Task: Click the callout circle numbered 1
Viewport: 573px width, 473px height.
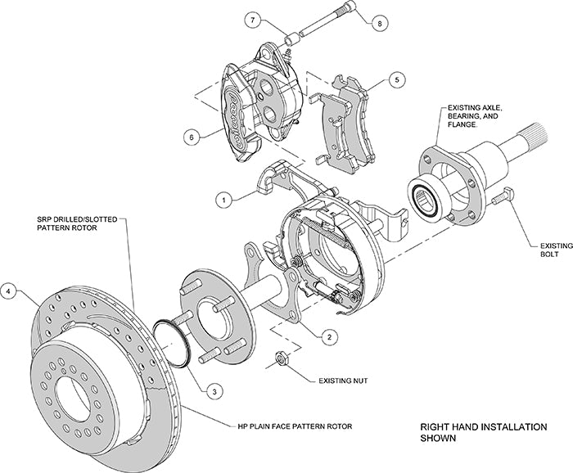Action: click(222, 198)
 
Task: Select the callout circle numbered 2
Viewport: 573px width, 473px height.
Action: click(327, 336)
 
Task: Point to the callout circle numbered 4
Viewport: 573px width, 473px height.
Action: click(9, 290)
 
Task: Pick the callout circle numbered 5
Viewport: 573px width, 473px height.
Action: click(396, 80)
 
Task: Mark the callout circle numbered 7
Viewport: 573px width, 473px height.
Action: click(254, 19)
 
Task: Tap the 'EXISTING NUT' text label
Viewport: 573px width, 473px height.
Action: click(343, 381)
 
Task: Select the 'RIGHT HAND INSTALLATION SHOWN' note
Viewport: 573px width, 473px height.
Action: click(472, 432)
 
